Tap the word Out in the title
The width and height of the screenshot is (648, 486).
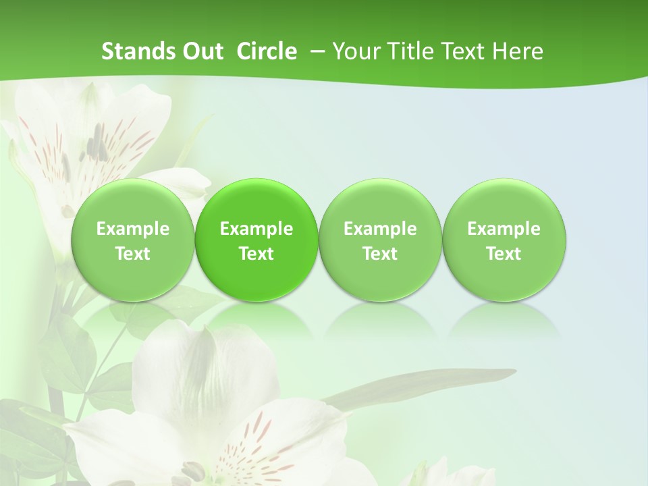pyautogui.click(x=202, y=51)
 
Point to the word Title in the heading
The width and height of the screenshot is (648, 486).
pyautogui.click(x=412, y=51)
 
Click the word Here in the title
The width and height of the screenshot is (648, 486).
pyautogui.click(x=518, y=51)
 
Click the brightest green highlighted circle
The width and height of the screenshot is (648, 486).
pyautogui.click(x=256, y=240)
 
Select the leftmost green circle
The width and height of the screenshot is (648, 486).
pyautogui.click(x=133, y=240)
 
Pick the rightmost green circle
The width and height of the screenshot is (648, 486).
pyautogui.click(x=504, y=240)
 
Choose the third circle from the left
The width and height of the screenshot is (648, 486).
pyautogui.click(x=380, y=240)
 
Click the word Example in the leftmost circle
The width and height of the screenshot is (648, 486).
pyautogui.click(x=133, y=229)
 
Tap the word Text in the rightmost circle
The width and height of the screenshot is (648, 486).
pyautogui.click(x=504, y=254)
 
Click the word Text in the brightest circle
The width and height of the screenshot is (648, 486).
pyautogui.click(x=256, y=254)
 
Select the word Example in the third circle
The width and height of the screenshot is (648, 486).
pyautogui.click(x=380, y=229)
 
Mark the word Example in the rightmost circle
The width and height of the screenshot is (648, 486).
pyautogui.click(x=504, y=229)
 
